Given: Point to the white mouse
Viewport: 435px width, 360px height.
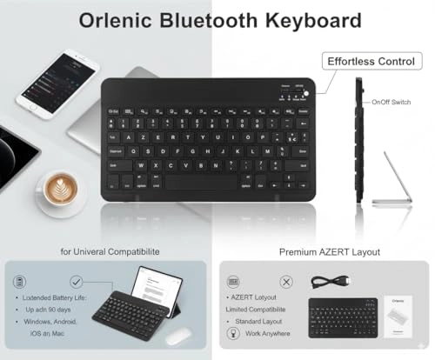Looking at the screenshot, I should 179,337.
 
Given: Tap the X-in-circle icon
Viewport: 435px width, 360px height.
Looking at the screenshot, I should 287,283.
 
